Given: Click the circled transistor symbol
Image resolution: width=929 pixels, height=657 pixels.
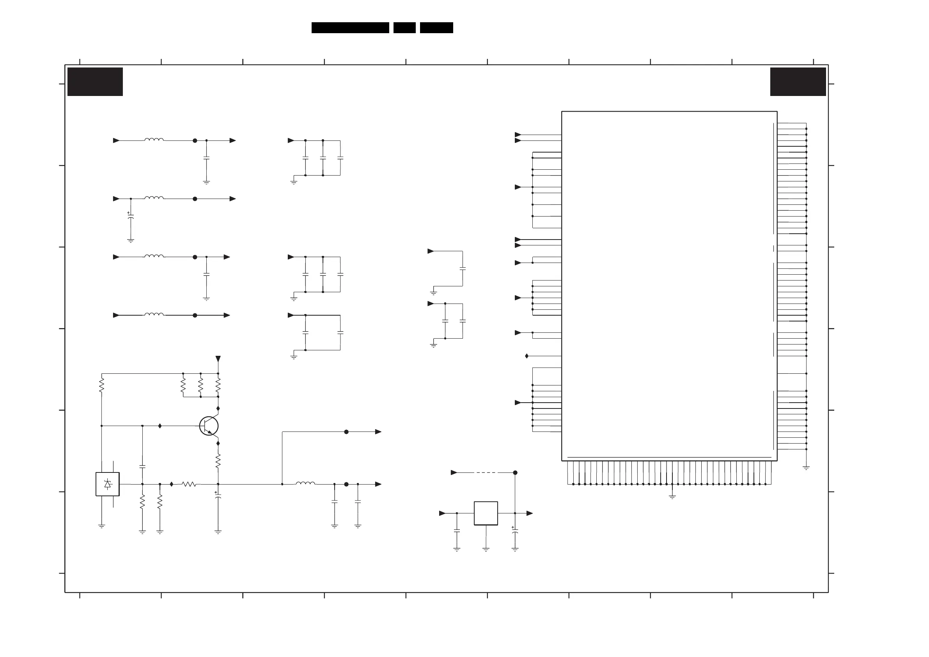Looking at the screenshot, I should (x=209, y=426).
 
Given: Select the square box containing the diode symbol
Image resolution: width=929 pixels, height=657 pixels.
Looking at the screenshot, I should (x=108, y=484).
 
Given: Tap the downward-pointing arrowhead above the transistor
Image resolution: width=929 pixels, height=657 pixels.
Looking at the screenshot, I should (x=218, y=359).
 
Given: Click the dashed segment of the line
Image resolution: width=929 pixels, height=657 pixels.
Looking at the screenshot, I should (x=486, y=472).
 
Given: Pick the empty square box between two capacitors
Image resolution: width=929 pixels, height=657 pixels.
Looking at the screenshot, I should (x=486, y=513).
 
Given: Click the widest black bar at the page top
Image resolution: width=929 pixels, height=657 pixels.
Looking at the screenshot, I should (x=350, y=28).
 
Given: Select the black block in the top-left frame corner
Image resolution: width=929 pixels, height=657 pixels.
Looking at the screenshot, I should (x=95, y=82).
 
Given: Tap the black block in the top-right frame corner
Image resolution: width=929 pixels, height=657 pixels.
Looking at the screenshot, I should (x=798, y=82).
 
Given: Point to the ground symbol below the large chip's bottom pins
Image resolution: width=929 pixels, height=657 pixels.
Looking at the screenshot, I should (x=672, y=497).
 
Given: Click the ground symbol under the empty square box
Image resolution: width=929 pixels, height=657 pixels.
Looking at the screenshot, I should (x=486, y=549).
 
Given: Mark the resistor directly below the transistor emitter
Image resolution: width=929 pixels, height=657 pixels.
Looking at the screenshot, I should (x=218, y=461).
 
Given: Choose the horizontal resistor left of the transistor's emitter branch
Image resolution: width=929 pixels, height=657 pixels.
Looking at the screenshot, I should (x=189, y=484).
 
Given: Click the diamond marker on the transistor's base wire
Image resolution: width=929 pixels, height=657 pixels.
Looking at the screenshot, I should (x=160, y=426).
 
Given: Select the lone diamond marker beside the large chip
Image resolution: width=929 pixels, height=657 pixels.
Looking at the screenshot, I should (x=527, y=356).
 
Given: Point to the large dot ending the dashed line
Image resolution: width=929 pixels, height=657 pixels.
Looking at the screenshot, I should (x=515, y=472).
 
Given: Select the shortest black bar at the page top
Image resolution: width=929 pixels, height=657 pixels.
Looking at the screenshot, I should (x=404, y=28).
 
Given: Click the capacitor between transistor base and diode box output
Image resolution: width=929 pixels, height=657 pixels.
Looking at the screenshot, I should (x=142, y=467).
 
